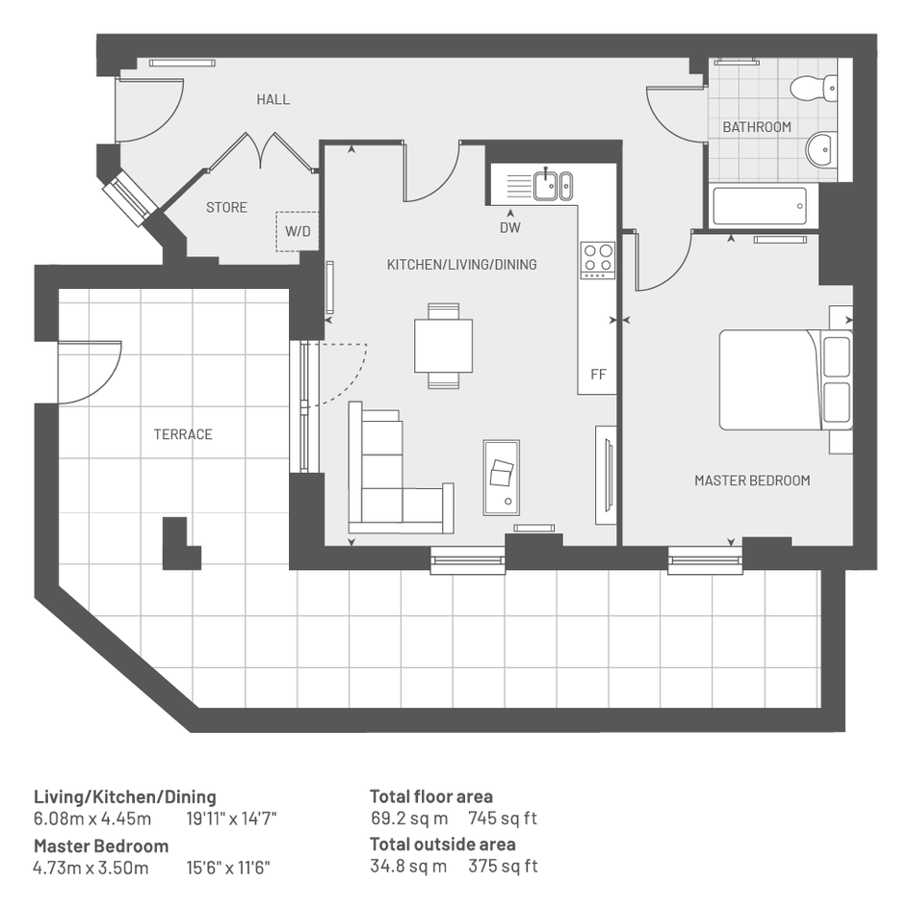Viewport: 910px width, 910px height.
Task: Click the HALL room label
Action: point(273,100)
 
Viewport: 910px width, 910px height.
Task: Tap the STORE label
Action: point(227,208)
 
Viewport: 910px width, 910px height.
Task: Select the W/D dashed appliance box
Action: point(298,231)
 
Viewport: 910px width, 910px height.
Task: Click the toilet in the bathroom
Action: point(814,87)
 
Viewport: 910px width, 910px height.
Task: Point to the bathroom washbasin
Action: point(820,149)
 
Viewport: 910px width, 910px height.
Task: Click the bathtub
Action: point(759,206)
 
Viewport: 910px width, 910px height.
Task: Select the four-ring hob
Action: point(598,260)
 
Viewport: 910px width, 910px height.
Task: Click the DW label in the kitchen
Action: point(510,228)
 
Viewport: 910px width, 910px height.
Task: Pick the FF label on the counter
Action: point(598,375)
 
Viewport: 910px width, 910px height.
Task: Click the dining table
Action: point(443,346)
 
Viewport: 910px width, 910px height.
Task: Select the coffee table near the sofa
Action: point(502,478)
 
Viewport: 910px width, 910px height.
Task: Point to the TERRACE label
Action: point(183,434)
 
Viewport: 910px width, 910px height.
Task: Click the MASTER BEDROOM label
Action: point(752,481)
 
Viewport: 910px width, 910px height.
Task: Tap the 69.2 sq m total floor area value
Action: point(409,819)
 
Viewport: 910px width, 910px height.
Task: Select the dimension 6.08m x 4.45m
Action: point(92,819)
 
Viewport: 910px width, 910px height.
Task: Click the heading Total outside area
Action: point(443,844)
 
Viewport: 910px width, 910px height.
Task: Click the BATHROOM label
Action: point(757,127)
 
